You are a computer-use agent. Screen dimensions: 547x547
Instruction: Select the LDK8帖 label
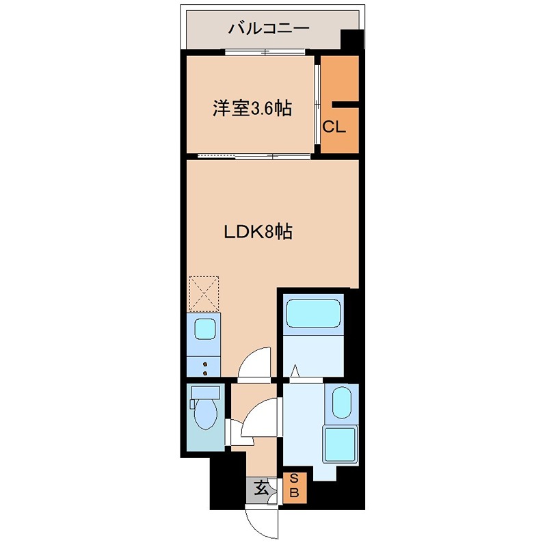point(258,232)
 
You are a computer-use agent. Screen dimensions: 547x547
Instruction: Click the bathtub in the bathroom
point(313,313)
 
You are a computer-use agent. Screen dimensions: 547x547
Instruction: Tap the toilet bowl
point(204,413)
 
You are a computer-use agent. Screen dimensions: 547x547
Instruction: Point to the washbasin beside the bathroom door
point(341,401)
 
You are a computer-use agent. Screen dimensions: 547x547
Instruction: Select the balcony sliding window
point(267,53)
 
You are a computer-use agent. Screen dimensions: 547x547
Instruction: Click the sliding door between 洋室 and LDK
point(253,157)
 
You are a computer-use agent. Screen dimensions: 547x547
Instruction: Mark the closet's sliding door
point(317,105)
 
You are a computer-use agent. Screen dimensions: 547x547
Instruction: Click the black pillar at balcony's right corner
point(351,41)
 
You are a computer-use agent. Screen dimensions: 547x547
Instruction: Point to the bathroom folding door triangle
point(295,371)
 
